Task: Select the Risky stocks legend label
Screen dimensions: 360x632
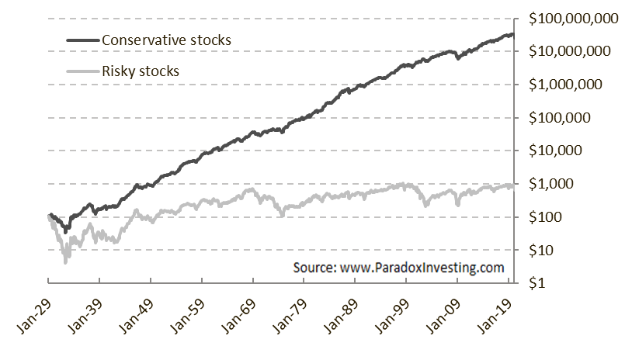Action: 141,71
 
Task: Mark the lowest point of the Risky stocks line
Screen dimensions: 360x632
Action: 65,262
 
